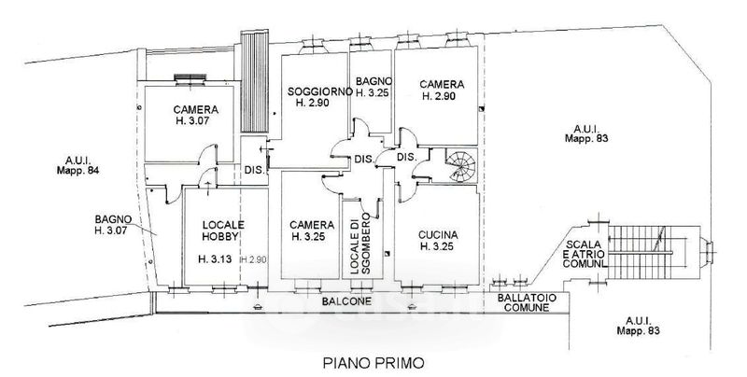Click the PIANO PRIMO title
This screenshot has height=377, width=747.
pyautogui.click(x=373, y=363)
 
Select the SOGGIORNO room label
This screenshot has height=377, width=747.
pyautogui.click(x=320, y=97)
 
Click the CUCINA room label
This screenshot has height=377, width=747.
pyautogui.click(x=438, y=241)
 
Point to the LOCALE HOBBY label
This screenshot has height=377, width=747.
pyautogui.click(x=223, y=230)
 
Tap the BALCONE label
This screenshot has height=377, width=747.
pyautogui.click(x=346, y=301)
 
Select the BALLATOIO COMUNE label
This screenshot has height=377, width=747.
pyautogui.click(x=527, y=302)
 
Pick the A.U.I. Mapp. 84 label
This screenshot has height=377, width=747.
pyautogui.click(x=78, y=165)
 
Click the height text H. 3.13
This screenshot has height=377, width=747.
pyautogui.click(x=215, y=258)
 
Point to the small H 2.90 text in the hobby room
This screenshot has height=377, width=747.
pyautogui.click(x=253, y=259)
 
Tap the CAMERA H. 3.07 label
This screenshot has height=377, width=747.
pyautogui.click(x=196, y=115)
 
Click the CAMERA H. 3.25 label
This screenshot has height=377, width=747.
pyautogui.click(x=312, y=230)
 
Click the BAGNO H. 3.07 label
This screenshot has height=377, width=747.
pyautogui.click(x=113, y=225)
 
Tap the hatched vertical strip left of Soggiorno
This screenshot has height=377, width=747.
pyautogui.click(x=254, y=81)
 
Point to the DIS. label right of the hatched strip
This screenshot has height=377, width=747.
pyautogui.click(x=254, y=170)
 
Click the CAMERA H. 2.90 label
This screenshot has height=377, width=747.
pyautogui.click(x=442, y=90)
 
